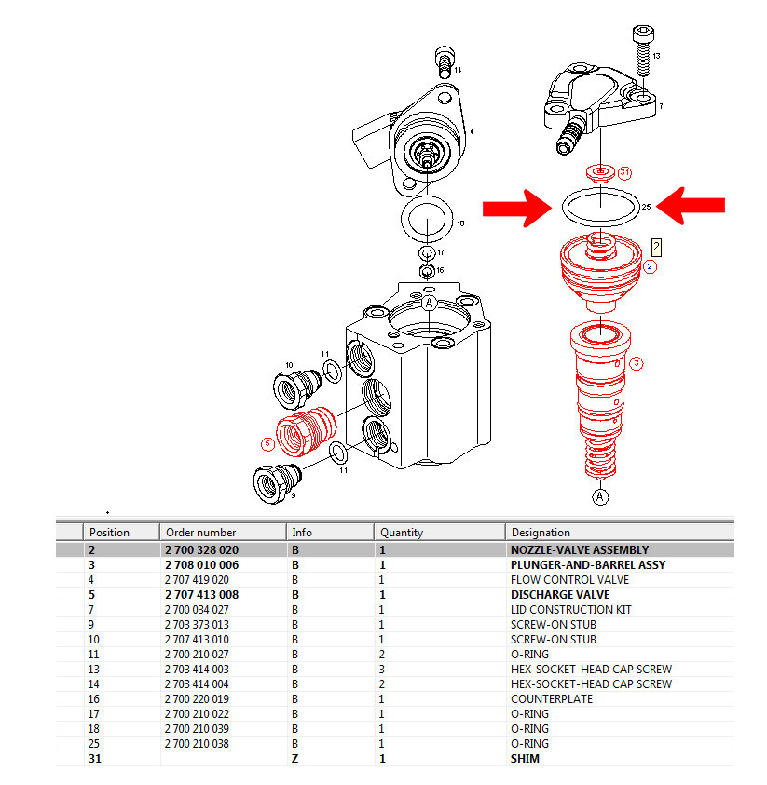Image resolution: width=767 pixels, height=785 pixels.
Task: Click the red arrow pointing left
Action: (x=691, y=207)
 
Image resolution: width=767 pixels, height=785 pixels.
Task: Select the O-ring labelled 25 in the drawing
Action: (x=602, y=207)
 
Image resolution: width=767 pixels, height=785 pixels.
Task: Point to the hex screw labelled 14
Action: (x=445, y=61)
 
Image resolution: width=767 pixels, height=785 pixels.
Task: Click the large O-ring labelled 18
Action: (x=426, y=223)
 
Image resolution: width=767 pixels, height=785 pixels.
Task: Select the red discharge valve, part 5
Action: (x=308, y=431)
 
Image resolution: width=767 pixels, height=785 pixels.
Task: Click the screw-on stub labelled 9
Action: (x=277, y=482)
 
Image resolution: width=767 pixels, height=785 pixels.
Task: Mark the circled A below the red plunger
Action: (x=601, y=496)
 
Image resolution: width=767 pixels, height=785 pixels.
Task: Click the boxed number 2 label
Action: (x=656, y=247)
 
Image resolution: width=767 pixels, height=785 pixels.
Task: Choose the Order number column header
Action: (x=200, y=533)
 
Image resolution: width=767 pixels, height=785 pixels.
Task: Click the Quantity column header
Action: (x=402, y=533)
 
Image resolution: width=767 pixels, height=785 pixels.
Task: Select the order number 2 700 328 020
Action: (x=201, y=550)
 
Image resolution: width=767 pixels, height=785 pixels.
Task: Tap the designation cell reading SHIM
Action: (x=525, y=759)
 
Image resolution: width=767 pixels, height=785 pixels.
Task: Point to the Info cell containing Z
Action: (x=294, y=759)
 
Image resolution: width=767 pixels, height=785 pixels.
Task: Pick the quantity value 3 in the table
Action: (x=382, y=670)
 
